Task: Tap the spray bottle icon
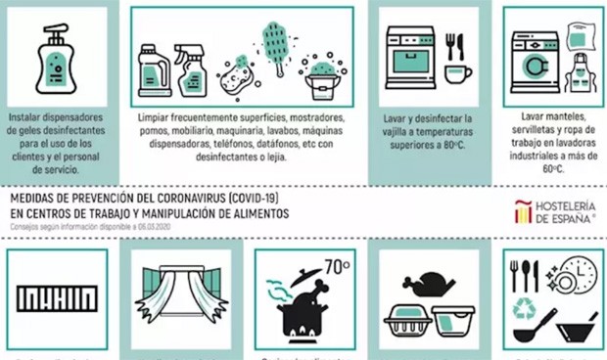coord(188,67)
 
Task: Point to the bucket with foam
coord(320,77)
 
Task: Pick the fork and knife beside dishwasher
coord(454,46)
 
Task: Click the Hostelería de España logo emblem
coord(522,212)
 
